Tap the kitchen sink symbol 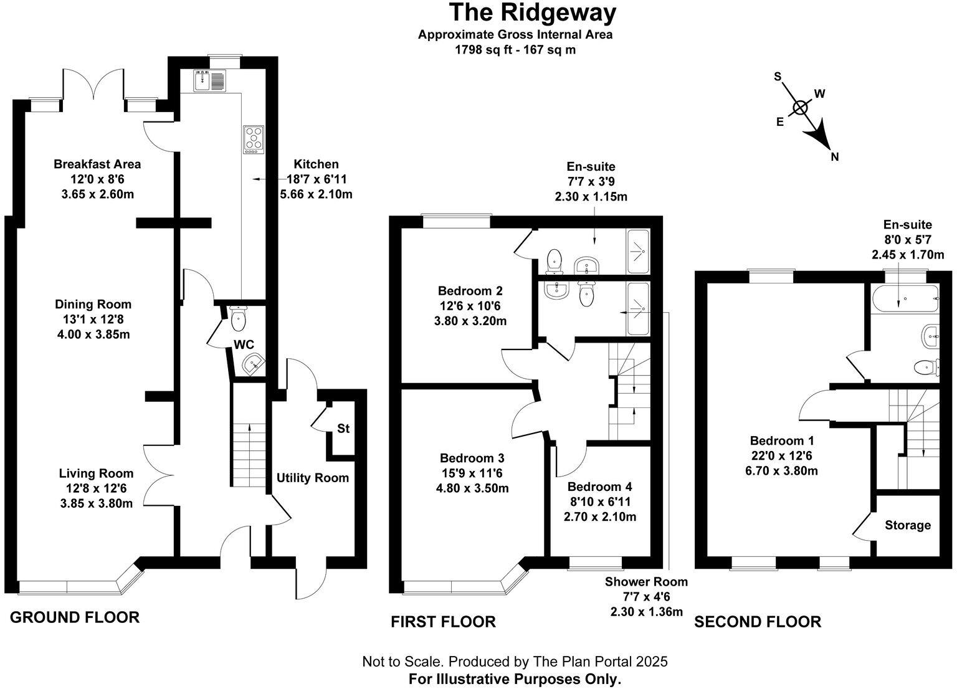point(210,81)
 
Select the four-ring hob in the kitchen point(254,140)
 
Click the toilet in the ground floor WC point(238,320)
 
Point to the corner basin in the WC point(253,364)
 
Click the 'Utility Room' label point(313,478)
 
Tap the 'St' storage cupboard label point(343,429)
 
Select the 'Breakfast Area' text point(97,164)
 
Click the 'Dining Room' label point(93,305)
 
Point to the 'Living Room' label point(96,473)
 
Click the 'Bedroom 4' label point(600,487)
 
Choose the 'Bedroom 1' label point(781,440)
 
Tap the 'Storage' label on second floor point(908,525)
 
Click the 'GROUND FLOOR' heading point(75,617)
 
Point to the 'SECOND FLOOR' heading point(758,622)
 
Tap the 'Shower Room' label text point(646,582)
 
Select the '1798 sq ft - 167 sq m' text point(515,50)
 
